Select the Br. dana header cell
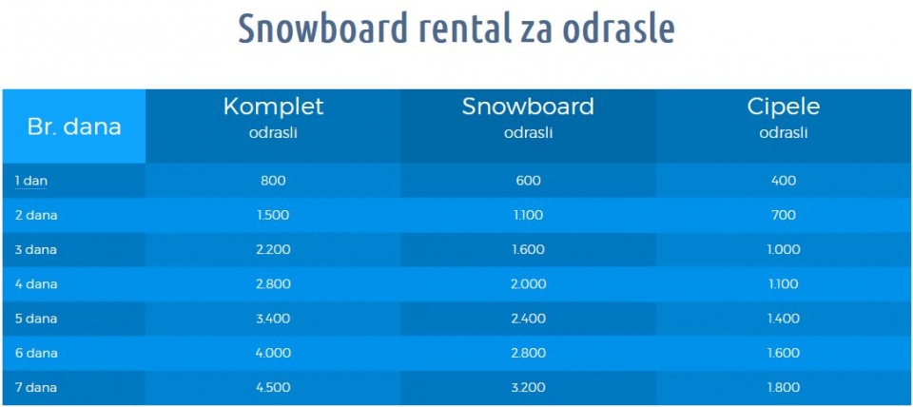click(74, 126)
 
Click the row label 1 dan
click(30, 181)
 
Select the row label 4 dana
click(36, 284)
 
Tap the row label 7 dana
click(36, 387)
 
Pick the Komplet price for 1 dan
click(273, 181)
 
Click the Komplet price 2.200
click(273, 250)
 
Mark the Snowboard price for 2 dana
click(528, 216)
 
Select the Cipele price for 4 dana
click(783, 284)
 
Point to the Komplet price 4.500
click(273, 387)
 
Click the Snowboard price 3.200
click(528, 387)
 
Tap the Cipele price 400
click(783, 181)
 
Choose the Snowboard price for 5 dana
click(528, 319)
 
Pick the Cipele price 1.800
click(783, 387)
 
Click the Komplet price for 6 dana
click(273, 353)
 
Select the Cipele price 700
click(783, 216)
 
